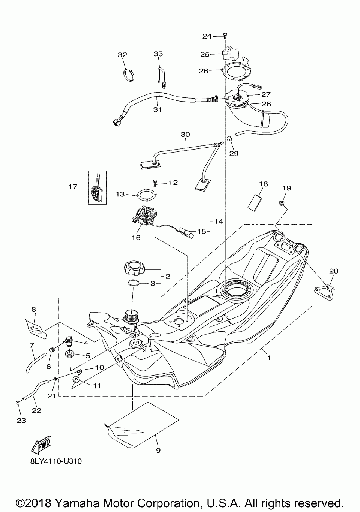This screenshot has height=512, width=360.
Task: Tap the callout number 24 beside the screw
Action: (x=207, y=36)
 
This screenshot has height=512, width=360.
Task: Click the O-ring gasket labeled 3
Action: (x=133, y=283)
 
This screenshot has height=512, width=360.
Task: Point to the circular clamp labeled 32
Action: (x=129, y=75)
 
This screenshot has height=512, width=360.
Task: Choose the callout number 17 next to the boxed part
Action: (x=73, y=187)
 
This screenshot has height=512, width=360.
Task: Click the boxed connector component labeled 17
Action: (x=97, y=187)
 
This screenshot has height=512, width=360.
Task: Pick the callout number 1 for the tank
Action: (x=269, y=358)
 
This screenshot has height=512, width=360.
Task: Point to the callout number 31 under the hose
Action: (x=157, y=110)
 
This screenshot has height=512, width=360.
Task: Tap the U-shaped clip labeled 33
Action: (x=162, y=78)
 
